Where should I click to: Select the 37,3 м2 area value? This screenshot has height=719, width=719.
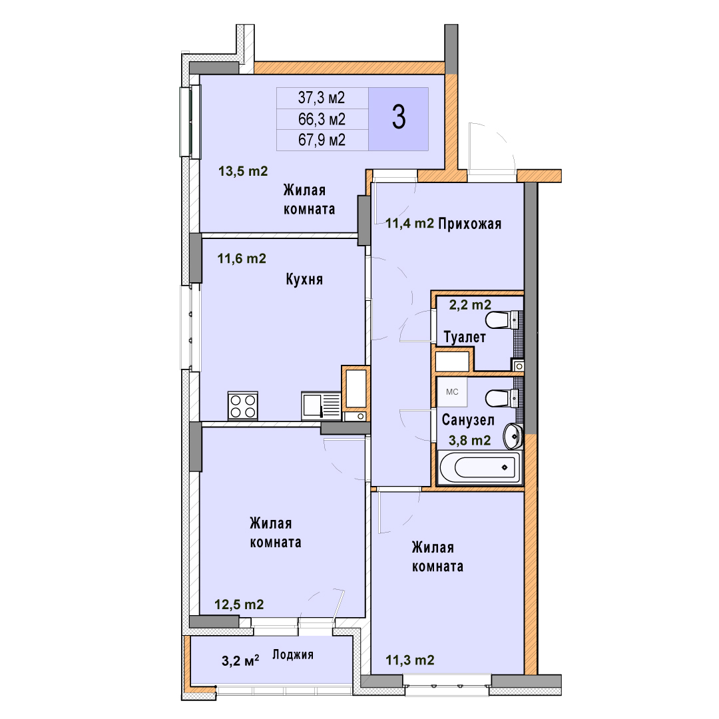coord(322,98)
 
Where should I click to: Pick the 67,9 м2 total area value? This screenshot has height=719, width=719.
coord(322,140)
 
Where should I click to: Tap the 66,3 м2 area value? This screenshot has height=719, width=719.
coord(322,119)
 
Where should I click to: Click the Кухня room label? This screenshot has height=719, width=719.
coord(304,279)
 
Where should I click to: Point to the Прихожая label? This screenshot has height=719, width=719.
coord(469,224)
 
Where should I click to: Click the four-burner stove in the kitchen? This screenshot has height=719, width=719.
coord(243,406)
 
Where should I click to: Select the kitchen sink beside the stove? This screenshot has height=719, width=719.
coord(321,406)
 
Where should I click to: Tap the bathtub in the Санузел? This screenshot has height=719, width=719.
coord(480,468)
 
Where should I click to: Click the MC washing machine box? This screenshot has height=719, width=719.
coord(452,392)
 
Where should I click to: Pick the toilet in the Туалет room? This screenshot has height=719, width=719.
coord(503,320)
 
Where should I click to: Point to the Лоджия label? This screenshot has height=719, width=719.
coord(293,654)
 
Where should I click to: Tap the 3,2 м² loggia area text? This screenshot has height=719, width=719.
coord(240,661)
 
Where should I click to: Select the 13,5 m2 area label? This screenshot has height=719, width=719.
coord(243,172)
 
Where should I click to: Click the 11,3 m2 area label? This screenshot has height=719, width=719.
coord(410,660)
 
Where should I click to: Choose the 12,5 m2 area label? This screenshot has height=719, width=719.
coord(240,604)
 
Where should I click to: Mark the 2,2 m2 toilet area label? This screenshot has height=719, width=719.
coord(470,304)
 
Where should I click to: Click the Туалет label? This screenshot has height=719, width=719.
coord(465,337)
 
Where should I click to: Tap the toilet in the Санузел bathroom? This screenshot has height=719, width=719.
coord(503,398)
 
